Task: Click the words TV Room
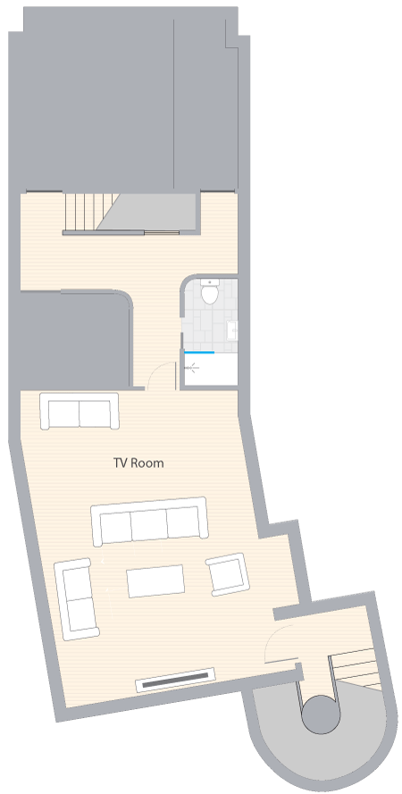click(138, 463)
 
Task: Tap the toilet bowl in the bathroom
click(209, 294)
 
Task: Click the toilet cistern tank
click(209, 281)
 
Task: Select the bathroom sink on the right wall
click(233, 330)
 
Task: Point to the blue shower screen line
click(199, 352)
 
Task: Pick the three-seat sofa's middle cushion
click(149, 524)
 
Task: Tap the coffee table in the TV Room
click(155, 581)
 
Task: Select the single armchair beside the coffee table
click(228, 573)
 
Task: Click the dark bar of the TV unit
click(175, 680)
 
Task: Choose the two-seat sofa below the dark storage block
click(80, 411)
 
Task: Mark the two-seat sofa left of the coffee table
click(77, 599)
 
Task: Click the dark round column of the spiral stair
click(321, 714)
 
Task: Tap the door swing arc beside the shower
click(160, 372)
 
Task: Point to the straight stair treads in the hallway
click(89, 212)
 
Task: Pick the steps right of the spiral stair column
click(355, 669)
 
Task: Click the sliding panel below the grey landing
click(162, 233)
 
